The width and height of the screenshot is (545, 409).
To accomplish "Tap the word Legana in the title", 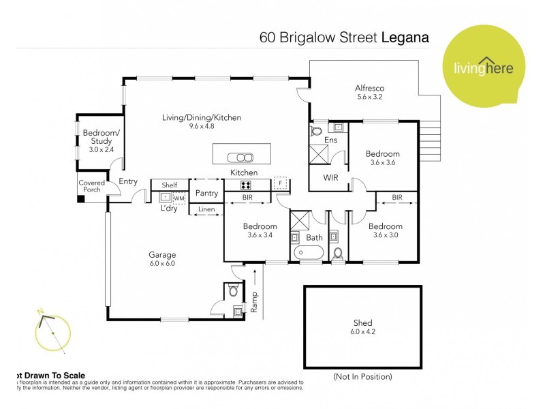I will [405, 37].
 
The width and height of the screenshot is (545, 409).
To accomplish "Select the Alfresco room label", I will [371, 92].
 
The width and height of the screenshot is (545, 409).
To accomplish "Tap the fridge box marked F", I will [280, 183].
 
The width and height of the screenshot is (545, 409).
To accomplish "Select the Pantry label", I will [206, 193].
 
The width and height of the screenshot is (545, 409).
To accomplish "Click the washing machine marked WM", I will [179, 198].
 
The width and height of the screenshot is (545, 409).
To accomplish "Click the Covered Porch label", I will [91, 186].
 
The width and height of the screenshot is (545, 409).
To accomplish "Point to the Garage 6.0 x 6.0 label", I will [162, 259].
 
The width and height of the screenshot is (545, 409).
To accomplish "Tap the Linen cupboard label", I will [206, 210].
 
